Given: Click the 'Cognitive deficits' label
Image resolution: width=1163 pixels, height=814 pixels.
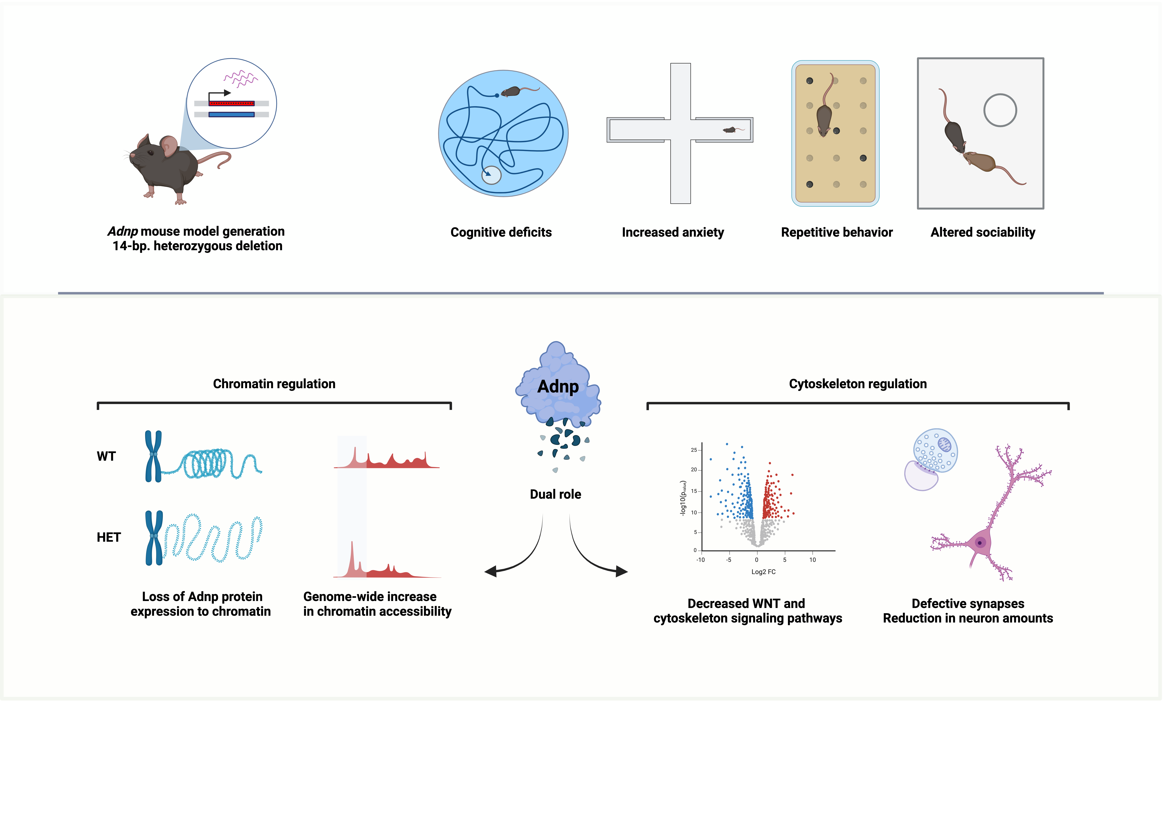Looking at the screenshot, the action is click(x=501, y=233).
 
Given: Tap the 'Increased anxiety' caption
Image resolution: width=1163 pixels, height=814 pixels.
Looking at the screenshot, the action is click(x=673, y=233).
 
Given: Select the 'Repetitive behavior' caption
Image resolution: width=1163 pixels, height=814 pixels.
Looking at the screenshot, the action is click(x=837, y=233).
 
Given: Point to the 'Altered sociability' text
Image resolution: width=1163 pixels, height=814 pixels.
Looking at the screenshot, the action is click(x=983, y=233).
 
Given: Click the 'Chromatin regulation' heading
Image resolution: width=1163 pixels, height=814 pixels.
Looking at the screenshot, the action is click(x=274, y=384).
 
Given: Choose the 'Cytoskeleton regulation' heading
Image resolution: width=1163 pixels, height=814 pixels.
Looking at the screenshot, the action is click(x=858, y=384).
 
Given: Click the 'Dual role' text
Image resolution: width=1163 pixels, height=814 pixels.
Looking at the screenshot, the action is click(x=555, y=494).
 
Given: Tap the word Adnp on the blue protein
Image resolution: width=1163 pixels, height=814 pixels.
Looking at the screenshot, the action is click(x=558, y=386).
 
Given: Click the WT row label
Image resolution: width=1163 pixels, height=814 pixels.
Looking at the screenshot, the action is click(x=106, y=456).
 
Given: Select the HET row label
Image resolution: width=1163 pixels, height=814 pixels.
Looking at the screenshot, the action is click(x=109, y=537).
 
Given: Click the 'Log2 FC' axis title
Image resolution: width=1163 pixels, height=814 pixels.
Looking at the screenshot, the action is click(x=763, y=572).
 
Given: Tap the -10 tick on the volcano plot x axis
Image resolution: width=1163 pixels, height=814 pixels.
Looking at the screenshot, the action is click(x=701, y=560).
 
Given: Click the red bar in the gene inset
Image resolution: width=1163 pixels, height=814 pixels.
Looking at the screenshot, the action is click(x=231, y=103).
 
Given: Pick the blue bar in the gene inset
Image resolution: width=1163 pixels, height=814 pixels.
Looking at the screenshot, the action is click(x=231, y=115).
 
